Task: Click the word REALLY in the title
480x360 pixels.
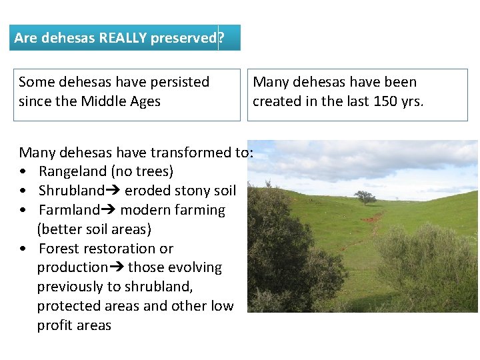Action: (123, 38)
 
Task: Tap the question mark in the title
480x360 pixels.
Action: (221, 38)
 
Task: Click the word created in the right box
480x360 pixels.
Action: (276, 101)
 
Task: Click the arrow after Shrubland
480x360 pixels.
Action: (113, 191)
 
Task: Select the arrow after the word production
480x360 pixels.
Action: (117, 267)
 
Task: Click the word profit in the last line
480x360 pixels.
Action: (55, 325)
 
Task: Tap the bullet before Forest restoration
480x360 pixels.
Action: (24, 249)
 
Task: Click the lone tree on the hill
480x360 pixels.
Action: (365, 197)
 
